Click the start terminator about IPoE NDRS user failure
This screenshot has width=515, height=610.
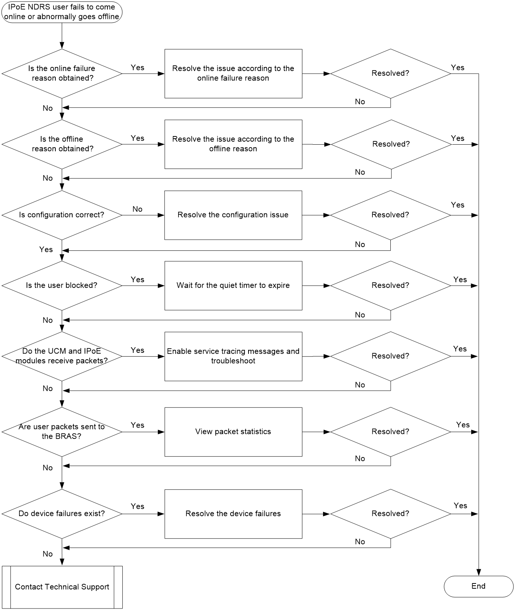click(62, 12)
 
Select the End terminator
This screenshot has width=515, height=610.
click(478, 586)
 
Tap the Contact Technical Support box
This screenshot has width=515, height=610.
click(62, 587)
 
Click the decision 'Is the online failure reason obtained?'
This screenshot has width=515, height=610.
click(62, 74)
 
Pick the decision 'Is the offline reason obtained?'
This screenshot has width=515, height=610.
click(62, 144)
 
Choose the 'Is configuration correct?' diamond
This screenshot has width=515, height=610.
click(62, 215)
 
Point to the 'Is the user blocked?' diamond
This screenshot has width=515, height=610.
click(62, 286)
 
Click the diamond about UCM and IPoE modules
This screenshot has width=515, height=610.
click(62, 356)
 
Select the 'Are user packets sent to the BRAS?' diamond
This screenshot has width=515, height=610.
click(62, 432)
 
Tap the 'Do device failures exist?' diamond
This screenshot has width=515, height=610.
click(62, 514)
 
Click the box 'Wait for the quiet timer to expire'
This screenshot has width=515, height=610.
click(233, 286)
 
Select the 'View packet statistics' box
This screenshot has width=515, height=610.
click(233, 432)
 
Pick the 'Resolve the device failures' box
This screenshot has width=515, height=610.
click(233, 514)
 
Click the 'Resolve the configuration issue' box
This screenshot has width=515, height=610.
click(233, 215)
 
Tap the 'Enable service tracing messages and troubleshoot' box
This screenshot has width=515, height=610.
click(233, 356)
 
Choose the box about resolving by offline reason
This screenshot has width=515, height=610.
click(233, 144)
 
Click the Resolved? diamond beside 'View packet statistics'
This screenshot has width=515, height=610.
click(390, 432)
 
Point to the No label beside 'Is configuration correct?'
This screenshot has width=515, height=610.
click(137, 209)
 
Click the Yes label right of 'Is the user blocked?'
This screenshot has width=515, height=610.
click(137, 280)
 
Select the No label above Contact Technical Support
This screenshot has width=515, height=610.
click(48, 554)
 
